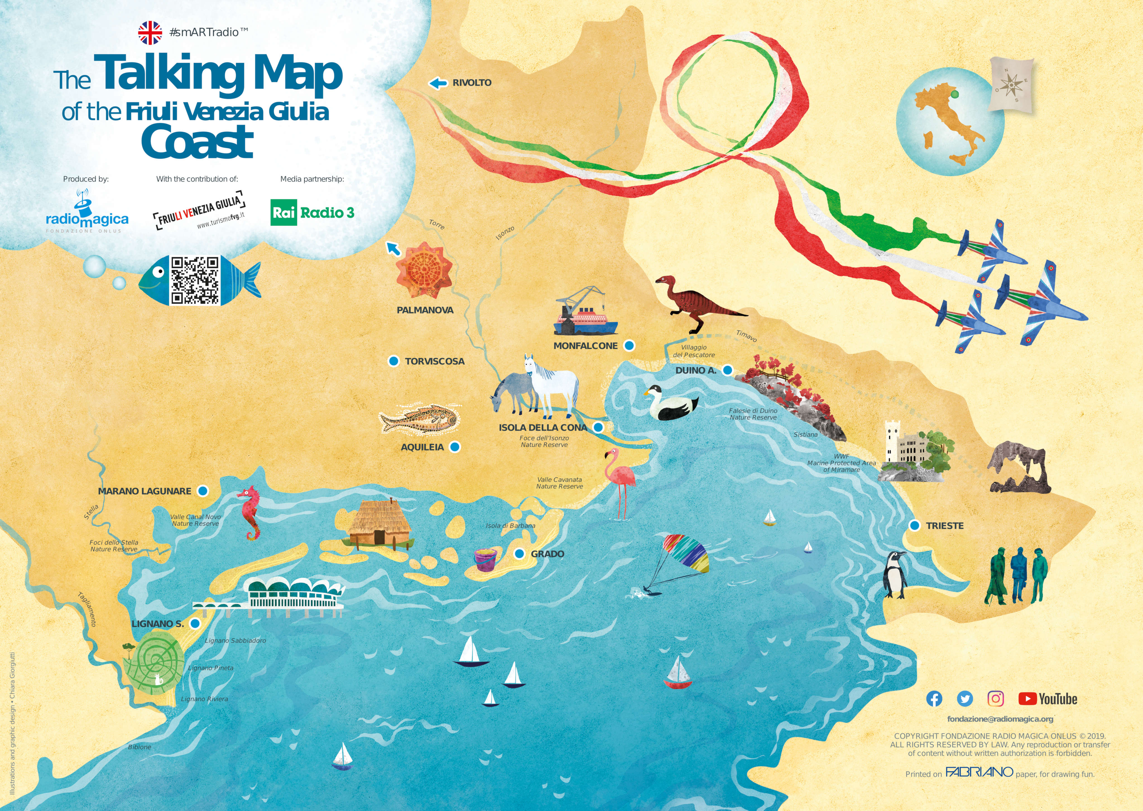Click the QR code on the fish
(195, 280)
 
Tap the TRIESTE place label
(945, 526)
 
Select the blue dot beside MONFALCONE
(630, 346)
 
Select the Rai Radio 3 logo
(312, 213)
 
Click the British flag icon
(150, 33)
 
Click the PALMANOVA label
(425, 310)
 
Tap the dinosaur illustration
(697, 302)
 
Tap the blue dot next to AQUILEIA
(455, 447)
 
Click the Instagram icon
(996, 699)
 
